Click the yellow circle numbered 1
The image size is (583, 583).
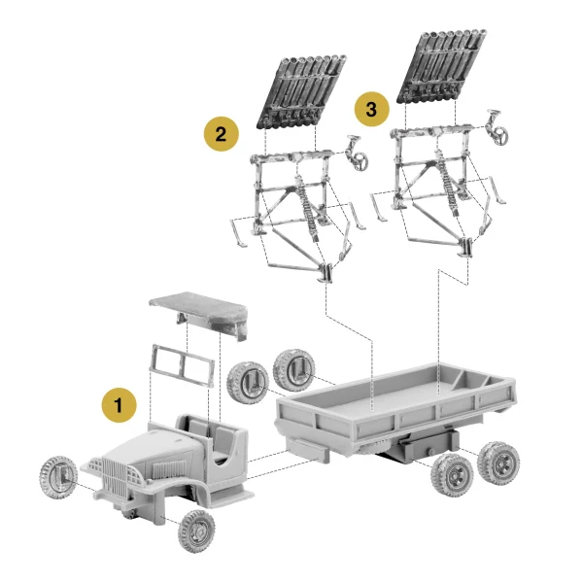point(120,404)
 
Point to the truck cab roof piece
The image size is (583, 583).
point(198,310)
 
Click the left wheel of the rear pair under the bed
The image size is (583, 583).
point(453,474)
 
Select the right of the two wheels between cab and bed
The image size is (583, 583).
point(292,368)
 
